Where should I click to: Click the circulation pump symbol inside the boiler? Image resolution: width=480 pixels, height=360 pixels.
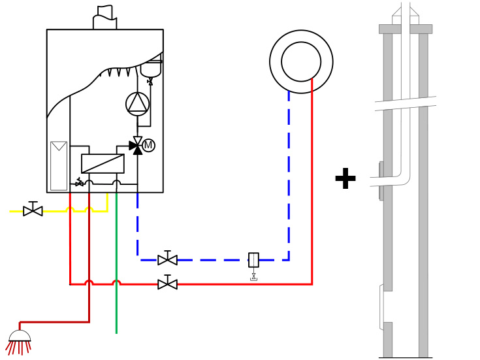137,104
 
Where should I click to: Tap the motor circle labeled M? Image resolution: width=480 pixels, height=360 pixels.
148,145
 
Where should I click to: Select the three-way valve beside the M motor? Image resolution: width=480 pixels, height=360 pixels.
136,146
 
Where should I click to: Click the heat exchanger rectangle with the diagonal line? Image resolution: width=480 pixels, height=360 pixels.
103,163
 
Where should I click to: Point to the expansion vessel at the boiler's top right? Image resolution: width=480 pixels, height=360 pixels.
151,68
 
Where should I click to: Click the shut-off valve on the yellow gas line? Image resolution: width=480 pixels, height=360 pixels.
33,210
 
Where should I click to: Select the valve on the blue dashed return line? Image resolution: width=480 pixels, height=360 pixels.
167,259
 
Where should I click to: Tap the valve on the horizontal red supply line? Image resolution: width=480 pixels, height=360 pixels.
167,284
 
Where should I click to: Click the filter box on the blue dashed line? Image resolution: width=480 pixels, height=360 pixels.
253,259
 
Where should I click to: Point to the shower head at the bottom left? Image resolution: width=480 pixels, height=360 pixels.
20,338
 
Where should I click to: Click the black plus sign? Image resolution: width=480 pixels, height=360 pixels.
345,179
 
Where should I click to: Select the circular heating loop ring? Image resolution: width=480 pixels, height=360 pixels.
301,61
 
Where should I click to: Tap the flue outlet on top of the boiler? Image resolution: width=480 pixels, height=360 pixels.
104,18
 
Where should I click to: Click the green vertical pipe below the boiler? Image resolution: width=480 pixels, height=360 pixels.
116,307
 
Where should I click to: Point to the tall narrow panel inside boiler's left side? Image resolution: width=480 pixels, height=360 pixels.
59,166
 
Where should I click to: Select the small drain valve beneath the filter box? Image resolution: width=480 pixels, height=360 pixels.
253,276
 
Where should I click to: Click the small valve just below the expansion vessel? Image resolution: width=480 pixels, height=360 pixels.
150,82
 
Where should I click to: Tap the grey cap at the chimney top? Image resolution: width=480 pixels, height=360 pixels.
405,29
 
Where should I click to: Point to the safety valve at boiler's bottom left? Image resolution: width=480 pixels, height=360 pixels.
79,182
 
